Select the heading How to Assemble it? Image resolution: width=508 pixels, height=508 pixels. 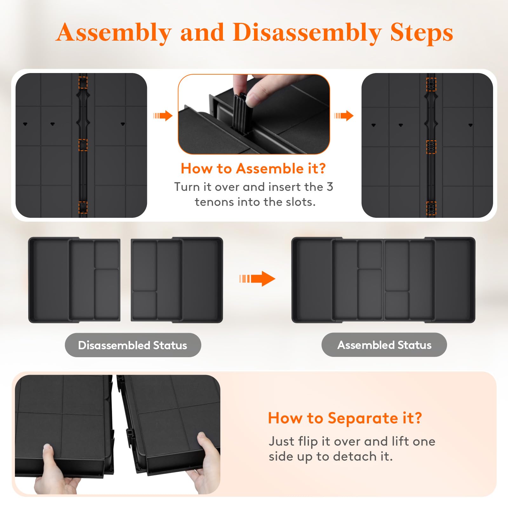point(253,168)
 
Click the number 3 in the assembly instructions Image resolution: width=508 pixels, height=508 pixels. point(330,187)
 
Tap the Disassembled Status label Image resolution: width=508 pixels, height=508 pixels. point(133,345)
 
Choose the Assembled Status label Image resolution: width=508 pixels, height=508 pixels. point(384,345)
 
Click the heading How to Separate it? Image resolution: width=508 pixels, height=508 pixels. point(345,418)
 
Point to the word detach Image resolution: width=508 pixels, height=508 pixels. point(355,457)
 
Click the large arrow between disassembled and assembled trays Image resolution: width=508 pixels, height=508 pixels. point(257,279)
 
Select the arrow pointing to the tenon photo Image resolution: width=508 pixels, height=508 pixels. point(163,116)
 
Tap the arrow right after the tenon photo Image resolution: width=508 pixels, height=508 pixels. point(344,116)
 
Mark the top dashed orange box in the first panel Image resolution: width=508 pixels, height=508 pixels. point(83,82)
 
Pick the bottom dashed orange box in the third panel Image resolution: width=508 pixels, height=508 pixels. point(431,208)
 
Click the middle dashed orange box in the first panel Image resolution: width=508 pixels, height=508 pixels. point(83,145)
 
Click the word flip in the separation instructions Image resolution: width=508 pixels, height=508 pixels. point(308,442)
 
